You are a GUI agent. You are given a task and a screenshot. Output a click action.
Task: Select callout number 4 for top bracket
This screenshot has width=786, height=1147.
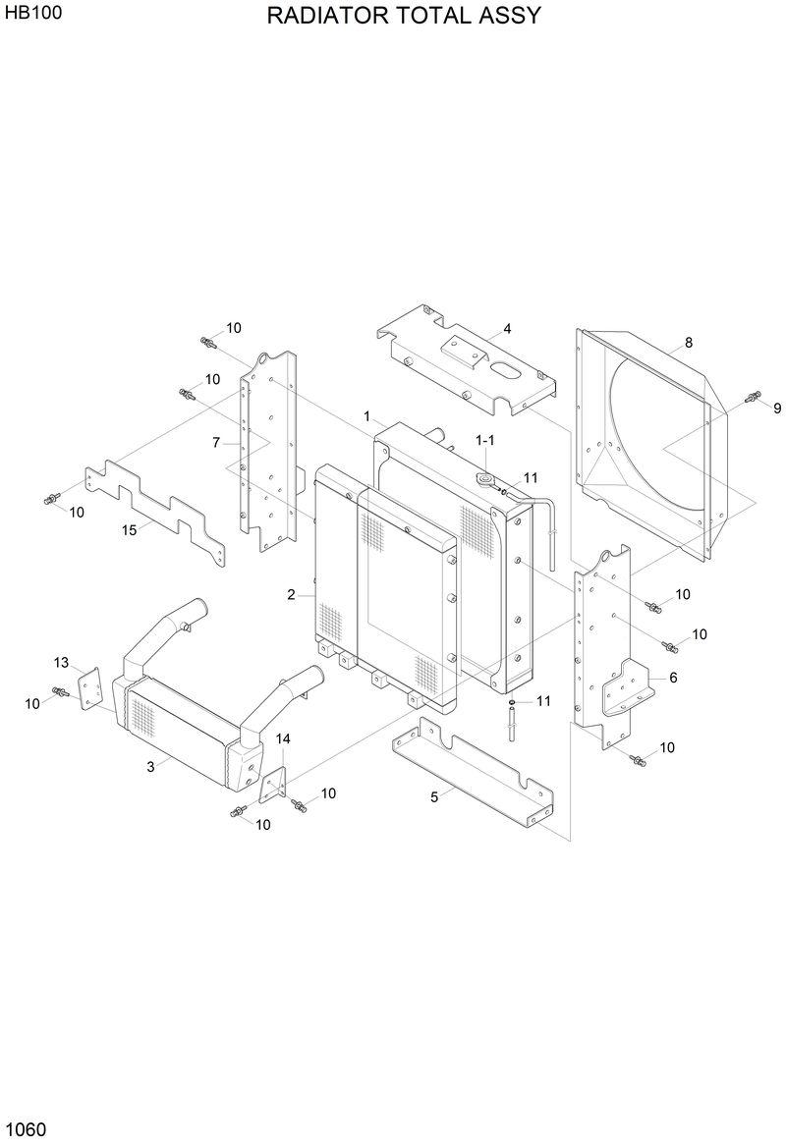coord(507,329)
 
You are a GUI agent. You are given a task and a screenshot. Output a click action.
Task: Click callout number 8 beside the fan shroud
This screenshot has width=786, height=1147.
coord(689,343)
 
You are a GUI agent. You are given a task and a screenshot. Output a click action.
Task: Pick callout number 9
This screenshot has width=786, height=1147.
coord(776,409)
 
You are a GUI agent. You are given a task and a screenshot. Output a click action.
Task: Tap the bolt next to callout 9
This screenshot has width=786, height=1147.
coord(754,397)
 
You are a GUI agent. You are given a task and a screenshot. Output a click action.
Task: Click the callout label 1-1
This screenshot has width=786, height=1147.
coord(485,442)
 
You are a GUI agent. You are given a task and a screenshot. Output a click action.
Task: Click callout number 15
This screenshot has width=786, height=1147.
coord(129,530)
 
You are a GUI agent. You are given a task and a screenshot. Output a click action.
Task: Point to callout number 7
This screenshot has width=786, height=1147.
coord(216,443)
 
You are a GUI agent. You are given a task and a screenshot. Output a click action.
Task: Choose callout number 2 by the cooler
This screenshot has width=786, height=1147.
coord(292,594)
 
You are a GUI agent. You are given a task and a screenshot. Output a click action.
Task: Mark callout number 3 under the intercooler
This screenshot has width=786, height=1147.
coord(150,767)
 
